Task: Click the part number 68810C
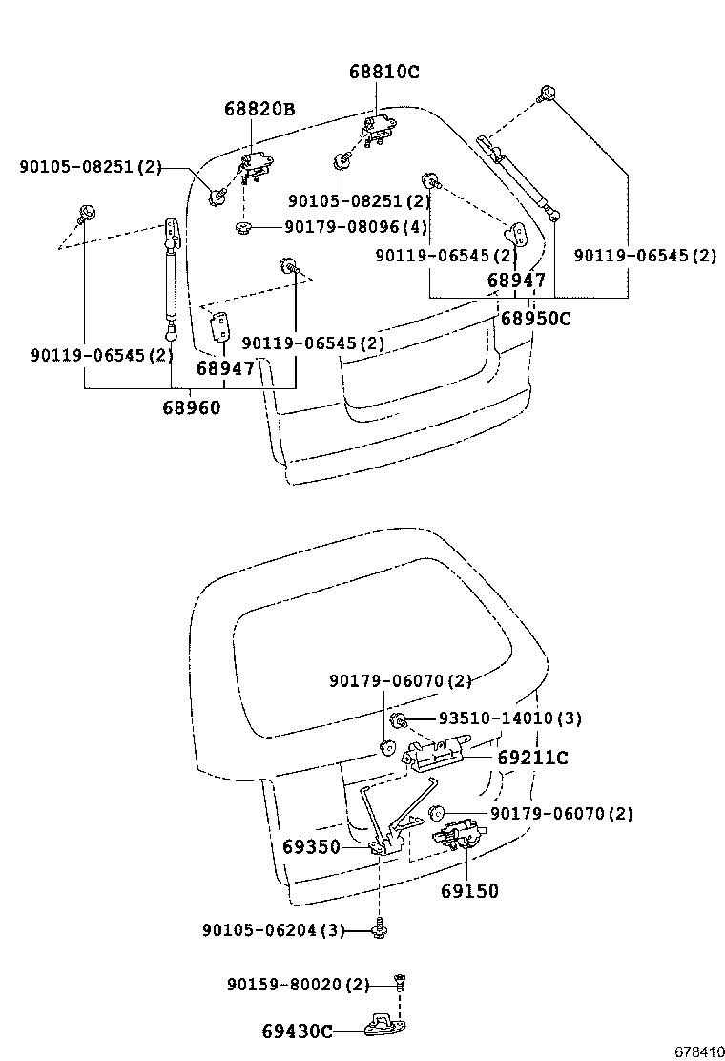(383, 73)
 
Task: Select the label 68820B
(259, 110)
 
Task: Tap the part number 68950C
(535, 319)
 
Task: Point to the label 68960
(191, 407)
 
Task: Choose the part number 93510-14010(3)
(509, 718)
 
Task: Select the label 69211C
(532, 758)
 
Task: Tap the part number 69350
(311, 846)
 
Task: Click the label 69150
(469, 891)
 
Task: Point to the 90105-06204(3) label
(273, 930)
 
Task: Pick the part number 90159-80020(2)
(298, 984)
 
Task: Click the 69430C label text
(298, 1030)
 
